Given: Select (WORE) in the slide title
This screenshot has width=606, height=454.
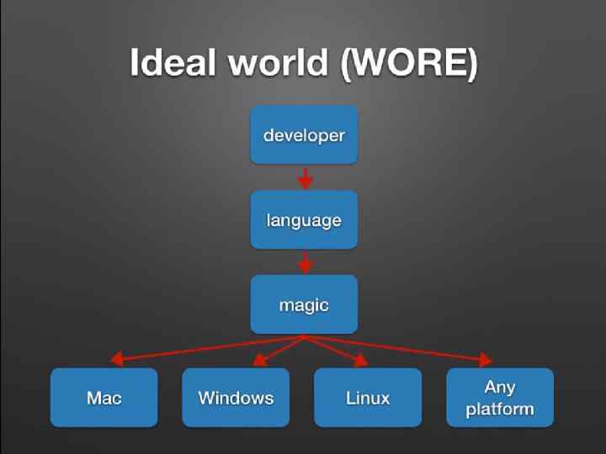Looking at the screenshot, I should [x=409, y=65].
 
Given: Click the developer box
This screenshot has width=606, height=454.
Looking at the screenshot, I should [x=304, y=135].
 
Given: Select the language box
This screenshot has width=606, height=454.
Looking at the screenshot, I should [x=304, y=219].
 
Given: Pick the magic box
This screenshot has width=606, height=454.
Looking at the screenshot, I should [x=304, y=304].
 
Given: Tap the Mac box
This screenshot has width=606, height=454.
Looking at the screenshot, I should [x=104, y=398].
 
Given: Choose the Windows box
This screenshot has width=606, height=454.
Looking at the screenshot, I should [x=236, y=398].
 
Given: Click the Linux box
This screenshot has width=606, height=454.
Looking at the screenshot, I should [x=368, y=398].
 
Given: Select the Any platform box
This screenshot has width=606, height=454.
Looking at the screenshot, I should [x=500, y=398].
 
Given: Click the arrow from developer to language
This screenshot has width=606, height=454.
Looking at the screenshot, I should [x=306, y=177].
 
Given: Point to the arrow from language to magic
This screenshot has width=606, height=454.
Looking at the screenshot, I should [x=306, y=262].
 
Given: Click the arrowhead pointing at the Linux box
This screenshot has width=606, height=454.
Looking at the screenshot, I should [x=360, y=362].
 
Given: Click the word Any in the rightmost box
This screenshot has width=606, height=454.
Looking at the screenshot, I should [x=500, y=388].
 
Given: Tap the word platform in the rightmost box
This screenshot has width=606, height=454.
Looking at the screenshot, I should [x=500, y=409].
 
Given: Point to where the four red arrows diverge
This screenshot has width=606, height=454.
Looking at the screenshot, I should [x=304, y=338].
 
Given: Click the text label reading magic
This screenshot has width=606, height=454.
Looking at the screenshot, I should [x=304, y=305].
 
